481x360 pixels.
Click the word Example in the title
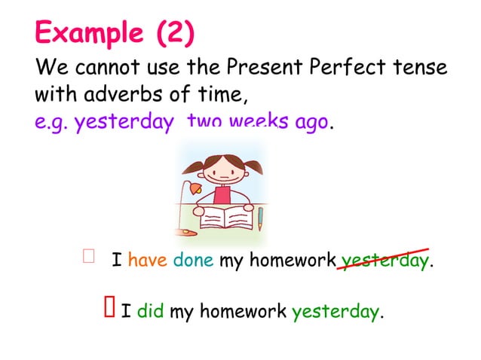89,33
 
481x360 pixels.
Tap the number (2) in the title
175,33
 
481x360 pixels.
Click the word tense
420,69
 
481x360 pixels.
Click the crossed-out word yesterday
384,262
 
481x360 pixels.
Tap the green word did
151,310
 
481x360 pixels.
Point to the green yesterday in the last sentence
335,310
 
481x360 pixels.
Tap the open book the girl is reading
225,218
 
